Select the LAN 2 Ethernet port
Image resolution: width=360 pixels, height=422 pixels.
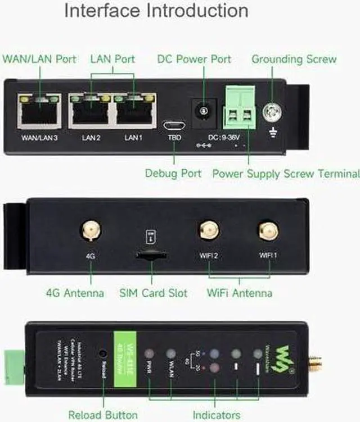click(89, 111)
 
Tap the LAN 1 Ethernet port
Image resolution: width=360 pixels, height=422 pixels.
click(134, 111)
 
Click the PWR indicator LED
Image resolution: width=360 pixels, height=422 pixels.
click(149, 354)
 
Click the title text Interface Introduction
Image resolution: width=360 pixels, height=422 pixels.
click(156, 11)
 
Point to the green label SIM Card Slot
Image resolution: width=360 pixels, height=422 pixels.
click(153, 293)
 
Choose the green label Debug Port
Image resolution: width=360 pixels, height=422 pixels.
click(173, 173)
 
